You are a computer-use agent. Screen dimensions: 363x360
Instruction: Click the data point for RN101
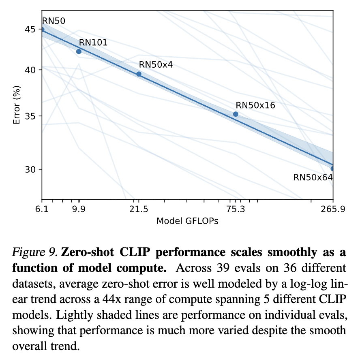coord(79,51)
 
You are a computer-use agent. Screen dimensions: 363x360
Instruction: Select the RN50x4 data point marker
coord(139,74)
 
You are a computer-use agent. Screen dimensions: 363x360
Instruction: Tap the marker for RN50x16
coord(236,114)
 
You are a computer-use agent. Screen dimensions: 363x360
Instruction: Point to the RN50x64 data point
coord(332,168)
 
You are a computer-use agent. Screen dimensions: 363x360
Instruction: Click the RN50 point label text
coord(53,21)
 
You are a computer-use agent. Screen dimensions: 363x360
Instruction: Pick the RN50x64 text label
coord(313,177)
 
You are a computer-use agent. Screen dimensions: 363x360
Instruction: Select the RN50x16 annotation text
coord(255,105)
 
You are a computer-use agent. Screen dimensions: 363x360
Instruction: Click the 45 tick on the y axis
coord(30,30)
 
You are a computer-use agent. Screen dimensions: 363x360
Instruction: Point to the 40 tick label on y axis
coord(30,70)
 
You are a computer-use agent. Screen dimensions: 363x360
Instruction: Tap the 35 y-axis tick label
coord(30,116)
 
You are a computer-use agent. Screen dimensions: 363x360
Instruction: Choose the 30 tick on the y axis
coord(30,169)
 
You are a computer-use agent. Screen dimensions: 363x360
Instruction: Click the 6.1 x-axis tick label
coord(42,210)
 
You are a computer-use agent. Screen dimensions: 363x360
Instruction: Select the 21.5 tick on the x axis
coord(139,210)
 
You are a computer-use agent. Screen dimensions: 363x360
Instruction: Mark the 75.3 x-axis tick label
coord(236,210)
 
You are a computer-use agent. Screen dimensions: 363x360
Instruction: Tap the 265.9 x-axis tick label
coord(332,210)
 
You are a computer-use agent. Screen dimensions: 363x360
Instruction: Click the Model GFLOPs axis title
coord(187,221)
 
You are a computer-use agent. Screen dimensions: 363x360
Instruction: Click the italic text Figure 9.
coord(35,253)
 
